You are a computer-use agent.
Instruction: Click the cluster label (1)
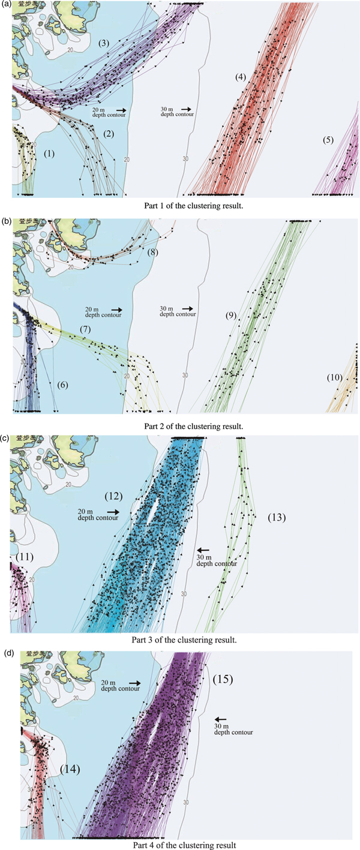click(49, 154)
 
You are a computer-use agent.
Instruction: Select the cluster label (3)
click(104, 43)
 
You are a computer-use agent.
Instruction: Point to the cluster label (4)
click(241, 77)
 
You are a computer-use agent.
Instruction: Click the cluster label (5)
click(328, 140)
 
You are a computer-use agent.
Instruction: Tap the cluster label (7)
click(85, 330)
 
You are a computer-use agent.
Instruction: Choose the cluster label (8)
click(154, 253)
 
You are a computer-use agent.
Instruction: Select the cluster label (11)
click(25, 557)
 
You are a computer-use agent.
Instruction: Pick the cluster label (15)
click(223, 680)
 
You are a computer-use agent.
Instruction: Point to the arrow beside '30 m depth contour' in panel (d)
click(221, 719)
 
